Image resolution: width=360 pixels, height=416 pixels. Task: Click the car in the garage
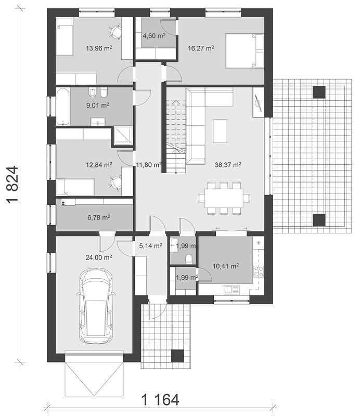coord(96,306)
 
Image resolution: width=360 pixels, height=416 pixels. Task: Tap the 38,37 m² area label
coord(228,165)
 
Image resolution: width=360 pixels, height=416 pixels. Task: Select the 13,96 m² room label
coord(99,48)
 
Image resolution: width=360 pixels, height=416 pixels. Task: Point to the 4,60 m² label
coord(154,35)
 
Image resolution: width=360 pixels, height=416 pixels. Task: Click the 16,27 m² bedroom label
coord(201,48)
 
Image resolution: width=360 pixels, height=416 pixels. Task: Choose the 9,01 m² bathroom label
coord(98,106)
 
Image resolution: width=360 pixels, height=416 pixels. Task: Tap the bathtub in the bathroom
coord(63,107)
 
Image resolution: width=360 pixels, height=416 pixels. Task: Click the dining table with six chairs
coord(224,198)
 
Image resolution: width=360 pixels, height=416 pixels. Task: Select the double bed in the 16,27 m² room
coord(244,50)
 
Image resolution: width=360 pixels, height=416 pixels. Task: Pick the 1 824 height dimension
coord(12,185)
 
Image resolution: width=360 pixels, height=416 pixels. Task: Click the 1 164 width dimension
coord(160,399)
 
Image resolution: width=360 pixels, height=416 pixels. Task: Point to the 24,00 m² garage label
coord(98,257)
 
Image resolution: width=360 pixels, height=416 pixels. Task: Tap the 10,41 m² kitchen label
coord(226,266)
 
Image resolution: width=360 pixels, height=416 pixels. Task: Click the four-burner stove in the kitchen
coord(259,271)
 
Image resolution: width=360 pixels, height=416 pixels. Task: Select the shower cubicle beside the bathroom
coord(123,136)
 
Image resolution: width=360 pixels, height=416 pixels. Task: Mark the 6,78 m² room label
coord(99,218)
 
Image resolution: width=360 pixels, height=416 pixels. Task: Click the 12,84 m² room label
coord(99,165)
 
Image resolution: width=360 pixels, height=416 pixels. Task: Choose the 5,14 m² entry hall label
coord(150,246)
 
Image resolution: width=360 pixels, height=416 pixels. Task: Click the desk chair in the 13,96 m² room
coord(115,31)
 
